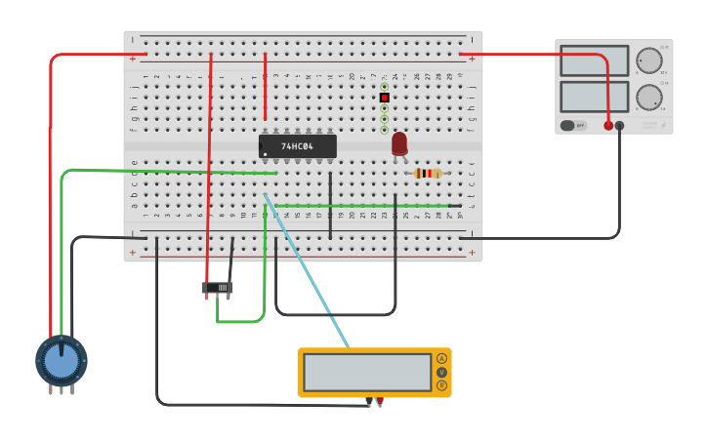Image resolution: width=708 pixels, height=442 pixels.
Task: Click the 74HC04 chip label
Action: pos(297,146)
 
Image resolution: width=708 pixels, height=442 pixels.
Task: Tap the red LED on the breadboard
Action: pos(399,142)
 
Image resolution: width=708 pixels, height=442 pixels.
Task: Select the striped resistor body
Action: pos(428,173)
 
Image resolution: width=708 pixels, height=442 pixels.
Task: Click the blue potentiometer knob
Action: pos(62,361)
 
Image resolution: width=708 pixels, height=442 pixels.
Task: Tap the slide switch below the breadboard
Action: pos(218,288)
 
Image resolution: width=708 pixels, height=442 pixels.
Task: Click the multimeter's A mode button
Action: pos(441,359)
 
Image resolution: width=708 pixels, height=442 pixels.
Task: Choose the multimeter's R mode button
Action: pos(441,385)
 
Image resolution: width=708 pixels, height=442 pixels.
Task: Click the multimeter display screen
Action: pos(367,372)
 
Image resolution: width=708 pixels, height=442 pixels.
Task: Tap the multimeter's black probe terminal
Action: pos(369,401)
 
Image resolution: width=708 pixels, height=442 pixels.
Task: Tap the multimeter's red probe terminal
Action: pos(380,401)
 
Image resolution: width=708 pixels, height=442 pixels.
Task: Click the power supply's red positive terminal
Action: pos(608,125)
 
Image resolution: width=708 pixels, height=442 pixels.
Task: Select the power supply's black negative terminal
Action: pos(619,125)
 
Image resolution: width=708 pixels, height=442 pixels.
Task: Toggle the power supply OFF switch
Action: pos(573,125)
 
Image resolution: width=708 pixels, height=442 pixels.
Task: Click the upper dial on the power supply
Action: pos(648,60)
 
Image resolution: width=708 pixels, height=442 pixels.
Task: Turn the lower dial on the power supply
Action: pos(648,97)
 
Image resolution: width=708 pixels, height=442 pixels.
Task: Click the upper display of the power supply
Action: pos(594,60)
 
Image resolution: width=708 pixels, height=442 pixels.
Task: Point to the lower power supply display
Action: pos(594,97)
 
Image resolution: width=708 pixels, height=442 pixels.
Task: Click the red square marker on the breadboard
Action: pos(385,98)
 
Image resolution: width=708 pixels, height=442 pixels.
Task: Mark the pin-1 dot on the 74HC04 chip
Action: pos(264,154)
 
